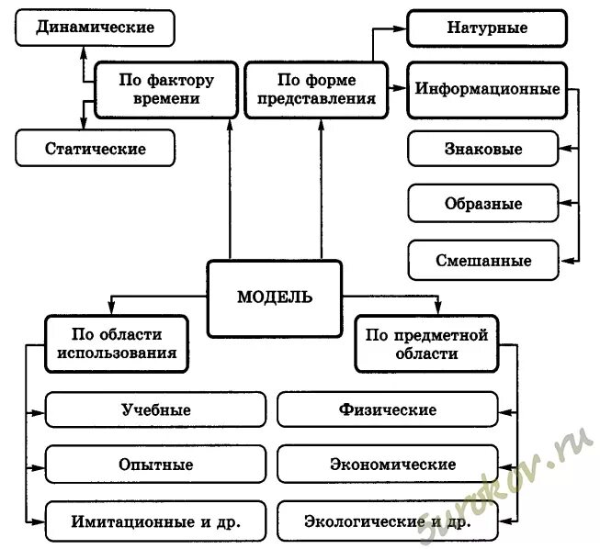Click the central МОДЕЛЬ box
click(274, 297)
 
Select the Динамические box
click(96, 28)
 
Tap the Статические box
click(96, 147)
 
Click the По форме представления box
click(314, 89)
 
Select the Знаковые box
click(482, 149)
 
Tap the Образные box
click(482, 203)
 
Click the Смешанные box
click(482, 260)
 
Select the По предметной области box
click(426, 343)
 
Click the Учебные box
click(155, 409)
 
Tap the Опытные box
click(155, 465)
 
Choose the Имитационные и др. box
click(155, 521)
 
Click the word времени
click(166, 98)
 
